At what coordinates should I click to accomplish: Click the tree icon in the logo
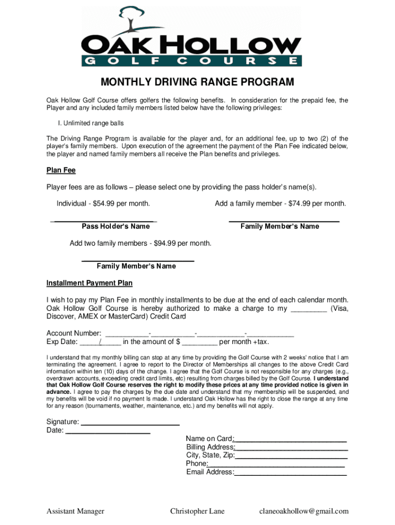(x=132, y=18)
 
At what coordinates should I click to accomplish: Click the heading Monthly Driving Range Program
(x=197, y=83)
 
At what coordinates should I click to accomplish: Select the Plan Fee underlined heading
(x=61, y=171)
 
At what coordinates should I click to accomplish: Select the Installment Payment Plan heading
(x=89, y=283)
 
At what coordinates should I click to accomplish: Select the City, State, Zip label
(x=210, y=455)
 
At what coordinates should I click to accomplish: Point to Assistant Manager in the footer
(x=75, y=511)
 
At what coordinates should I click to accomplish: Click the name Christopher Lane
(x=197, y=511)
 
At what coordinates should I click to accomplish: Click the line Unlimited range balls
(x=91, y=124)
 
